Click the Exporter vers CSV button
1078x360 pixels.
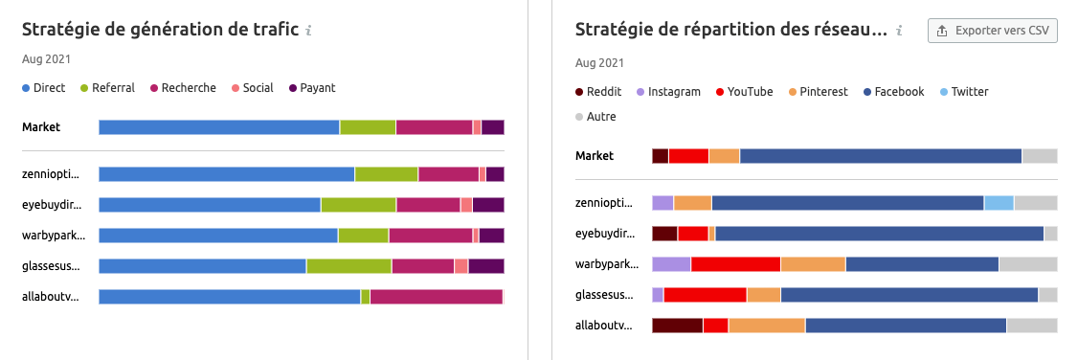click(x=992, y=31)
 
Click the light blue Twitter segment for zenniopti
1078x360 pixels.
click(x=999, y=203)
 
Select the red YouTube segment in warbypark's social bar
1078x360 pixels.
click(x=735, y=264)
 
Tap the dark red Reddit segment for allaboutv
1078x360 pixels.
click(x=677, y=326)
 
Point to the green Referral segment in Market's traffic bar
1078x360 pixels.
click(x=368, y=127)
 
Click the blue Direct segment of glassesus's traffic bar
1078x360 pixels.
click(x=202, y=266)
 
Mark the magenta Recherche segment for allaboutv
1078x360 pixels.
click(x=436, y=297)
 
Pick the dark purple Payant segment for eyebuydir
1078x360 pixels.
click(x=488, y=205)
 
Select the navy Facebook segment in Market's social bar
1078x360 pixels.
click(x=881, y=156)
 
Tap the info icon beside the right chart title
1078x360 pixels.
click(x=900, y=31)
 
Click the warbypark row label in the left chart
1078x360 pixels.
click(x=52, y=236)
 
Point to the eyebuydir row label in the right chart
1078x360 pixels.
click(x=604, y=234)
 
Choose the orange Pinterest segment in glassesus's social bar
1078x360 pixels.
click(x=764, y=295)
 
